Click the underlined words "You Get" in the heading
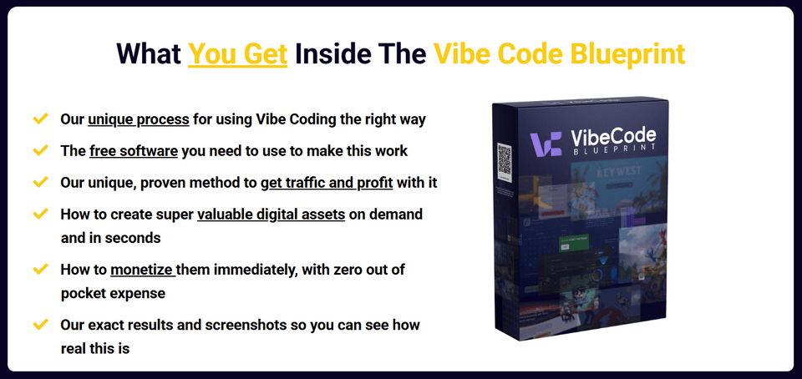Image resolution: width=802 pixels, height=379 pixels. pyautogui.click(x=238, y=53)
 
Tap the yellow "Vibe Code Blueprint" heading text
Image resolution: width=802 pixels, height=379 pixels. pyautogui.click(x=559, y=53)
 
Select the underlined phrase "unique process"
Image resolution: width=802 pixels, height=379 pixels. pyautogui.click(x=139, y=119)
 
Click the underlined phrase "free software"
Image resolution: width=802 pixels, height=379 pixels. pyautogui.click(x=133, y=151)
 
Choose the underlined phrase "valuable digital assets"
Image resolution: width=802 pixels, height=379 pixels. pyautogui.click(x=272, y=215)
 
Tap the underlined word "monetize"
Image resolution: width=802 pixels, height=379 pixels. pyautogui.click(x=143, y=270)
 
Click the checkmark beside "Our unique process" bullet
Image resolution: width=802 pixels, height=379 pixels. pyautogui.click(x=39, y=119)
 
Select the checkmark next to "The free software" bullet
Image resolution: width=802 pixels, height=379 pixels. pyautogui.click(x=39, y=151)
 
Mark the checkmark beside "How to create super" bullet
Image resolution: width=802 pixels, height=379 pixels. pyautogui.click(x=39, y=215)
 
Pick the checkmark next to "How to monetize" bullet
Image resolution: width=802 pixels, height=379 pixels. pyautogui.click(x=39, y=270)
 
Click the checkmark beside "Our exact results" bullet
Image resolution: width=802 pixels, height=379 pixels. pyautogui.click(x=39, y=324)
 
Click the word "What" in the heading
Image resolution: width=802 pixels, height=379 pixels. pyautogui.click(x=147, y=53)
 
